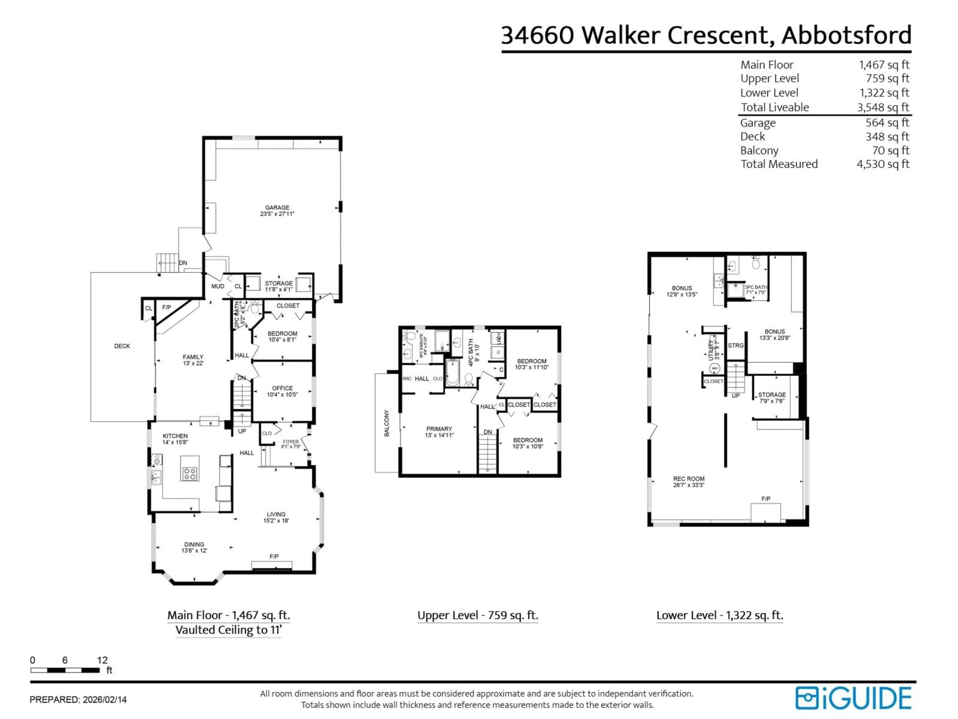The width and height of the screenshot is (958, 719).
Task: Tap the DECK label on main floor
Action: pyautogui.click(x=122, y=346)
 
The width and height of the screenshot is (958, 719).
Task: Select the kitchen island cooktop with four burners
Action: pyautogui.click(x=190, y=473)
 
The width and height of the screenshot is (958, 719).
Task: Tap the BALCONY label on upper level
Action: pyautogui.click(x=387, y=423)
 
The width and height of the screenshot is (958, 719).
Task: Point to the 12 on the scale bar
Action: pyautogui.click(x=102, y=660)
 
